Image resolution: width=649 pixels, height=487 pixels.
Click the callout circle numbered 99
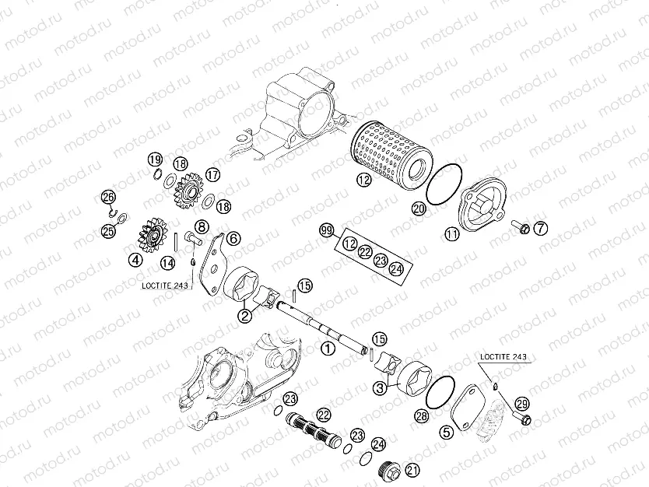[x=327, y=230]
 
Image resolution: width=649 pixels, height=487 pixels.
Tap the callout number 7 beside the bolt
[x=540, y=228]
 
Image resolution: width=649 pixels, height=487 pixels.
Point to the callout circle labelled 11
[x=451, y=232]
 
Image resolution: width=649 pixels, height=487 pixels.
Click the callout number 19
[x=156, y=160]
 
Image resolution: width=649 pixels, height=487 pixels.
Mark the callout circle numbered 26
[x=108, y=197]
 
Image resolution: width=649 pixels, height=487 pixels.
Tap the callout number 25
[x=108, y=229]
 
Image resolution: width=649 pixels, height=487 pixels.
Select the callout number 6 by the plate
[x=233, y=238]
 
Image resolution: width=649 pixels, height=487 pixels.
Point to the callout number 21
[x=412, y=469]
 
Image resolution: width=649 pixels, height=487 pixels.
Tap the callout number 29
[x=521, y=403]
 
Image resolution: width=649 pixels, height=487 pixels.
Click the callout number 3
[x=380, y=387]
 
